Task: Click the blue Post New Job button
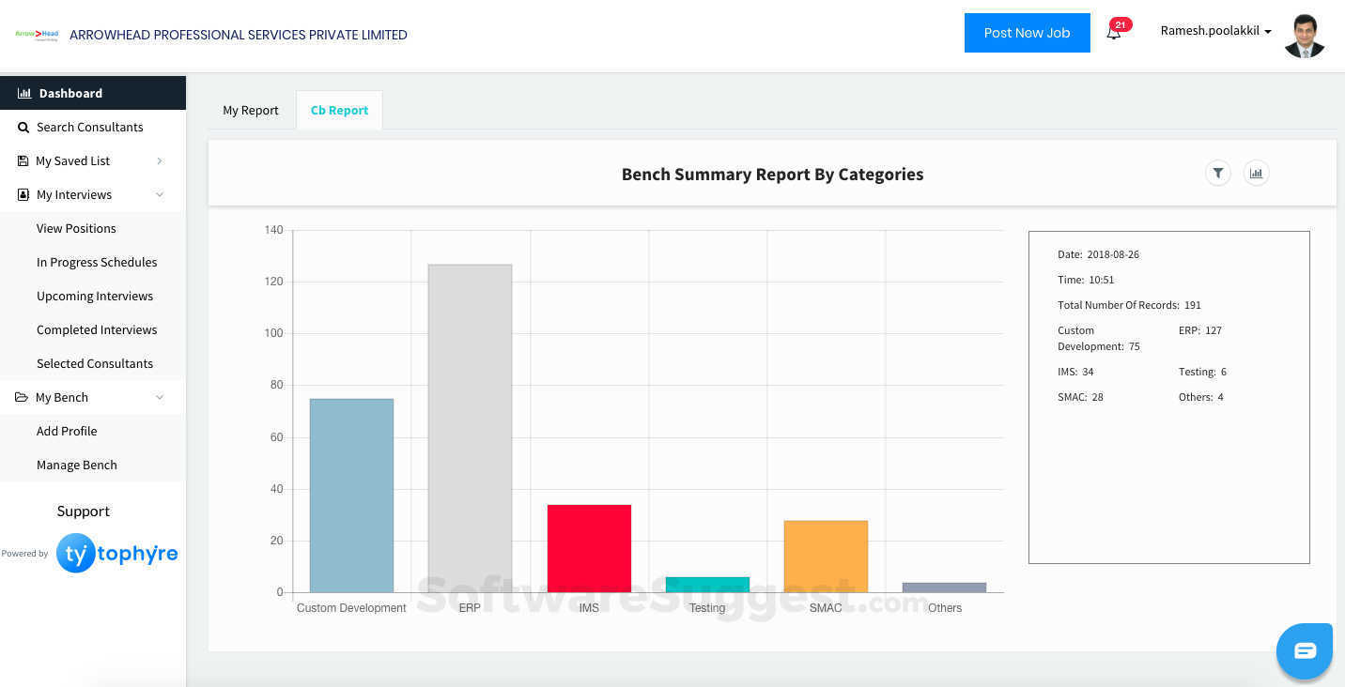1027,33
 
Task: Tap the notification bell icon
1113,33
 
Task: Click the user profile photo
1304,36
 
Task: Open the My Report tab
251,110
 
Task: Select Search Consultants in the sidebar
90,127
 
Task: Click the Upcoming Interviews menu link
95,296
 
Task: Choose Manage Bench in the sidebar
77,465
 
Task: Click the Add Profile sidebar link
67,431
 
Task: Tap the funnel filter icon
1218,173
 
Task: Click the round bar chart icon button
1256,173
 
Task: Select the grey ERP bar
470,428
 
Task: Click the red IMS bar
589,548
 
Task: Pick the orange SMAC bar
826,556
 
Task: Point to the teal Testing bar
707,585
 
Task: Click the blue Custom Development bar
351,496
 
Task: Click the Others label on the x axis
944,608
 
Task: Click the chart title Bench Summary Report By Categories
772,174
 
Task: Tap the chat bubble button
1305,650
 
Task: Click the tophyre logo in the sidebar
116,554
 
